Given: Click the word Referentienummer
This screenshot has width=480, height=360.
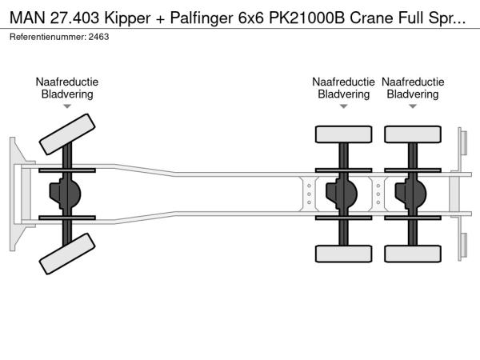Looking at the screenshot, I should [x=47, y=37].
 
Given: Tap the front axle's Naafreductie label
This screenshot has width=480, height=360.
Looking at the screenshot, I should [x=67, y=82].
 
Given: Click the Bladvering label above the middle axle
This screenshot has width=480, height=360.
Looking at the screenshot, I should [x=343, y=94].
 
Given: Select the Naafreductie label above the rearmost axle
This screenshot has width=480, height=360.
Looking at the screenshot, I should [x=413, y=82].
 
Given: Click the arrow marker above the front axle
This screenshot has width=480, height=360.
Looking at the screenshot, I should [x=67, y=106].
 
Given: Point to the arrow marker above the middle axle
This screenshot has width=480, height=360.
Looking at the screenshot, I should [x=343, y=106].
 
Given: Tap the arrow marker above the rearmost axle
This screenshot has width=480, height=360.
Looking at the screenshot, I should [x=413, y=106].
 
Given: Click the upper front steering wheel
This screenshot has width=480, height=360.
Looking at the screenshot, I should [x=67, y=134].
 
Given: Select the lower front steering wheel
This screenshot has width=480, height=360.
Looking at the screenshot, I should [x=67, y=258].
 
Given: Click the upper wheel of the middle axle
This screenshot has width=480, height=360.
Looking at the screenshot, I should [x=344, y=134].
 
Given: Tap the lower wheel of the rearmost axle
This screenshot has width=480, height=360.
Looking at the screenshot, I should [x=413, y=254].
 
